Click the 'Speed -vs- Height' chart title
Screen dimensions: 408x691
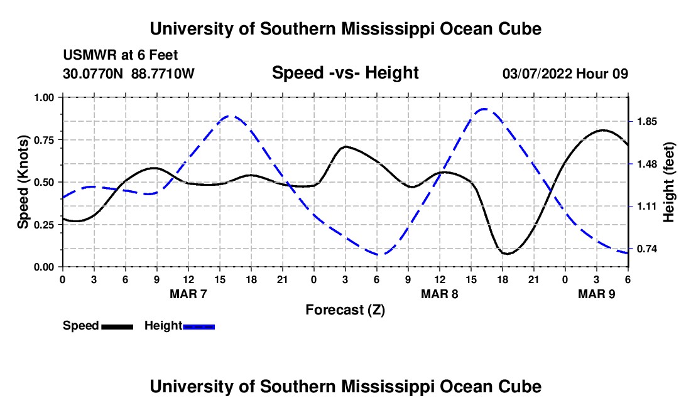tap(345, 73)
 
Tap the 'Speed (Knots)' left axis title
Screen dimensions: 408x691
tap(23, 182)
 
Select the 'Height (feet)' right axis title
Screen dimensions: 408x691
tap(668, 182)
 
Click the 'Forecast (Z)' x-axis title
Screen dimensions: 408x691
tap(345, 309)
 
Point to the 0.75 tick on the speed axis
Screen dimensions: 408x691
tap(46, 140)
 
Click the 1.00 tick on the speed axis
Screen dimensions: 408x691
tap(46, 97)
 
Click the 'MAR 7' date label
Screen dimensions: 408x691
tap(188, 294)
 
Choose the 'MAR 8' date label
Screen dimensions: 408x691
tap(440, 294)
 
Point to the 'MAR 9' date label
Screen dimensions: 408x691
tap(597, 294)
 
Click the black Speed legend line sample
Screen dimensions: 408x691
tap(117, 326)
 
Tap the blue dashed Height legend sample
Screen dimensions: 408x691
tap(199, 326)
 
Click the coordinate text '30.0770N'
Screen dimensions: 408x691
tap(94, 74)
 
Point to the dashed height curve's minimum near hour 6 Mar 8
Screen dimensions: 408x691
tap(379, 254)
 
